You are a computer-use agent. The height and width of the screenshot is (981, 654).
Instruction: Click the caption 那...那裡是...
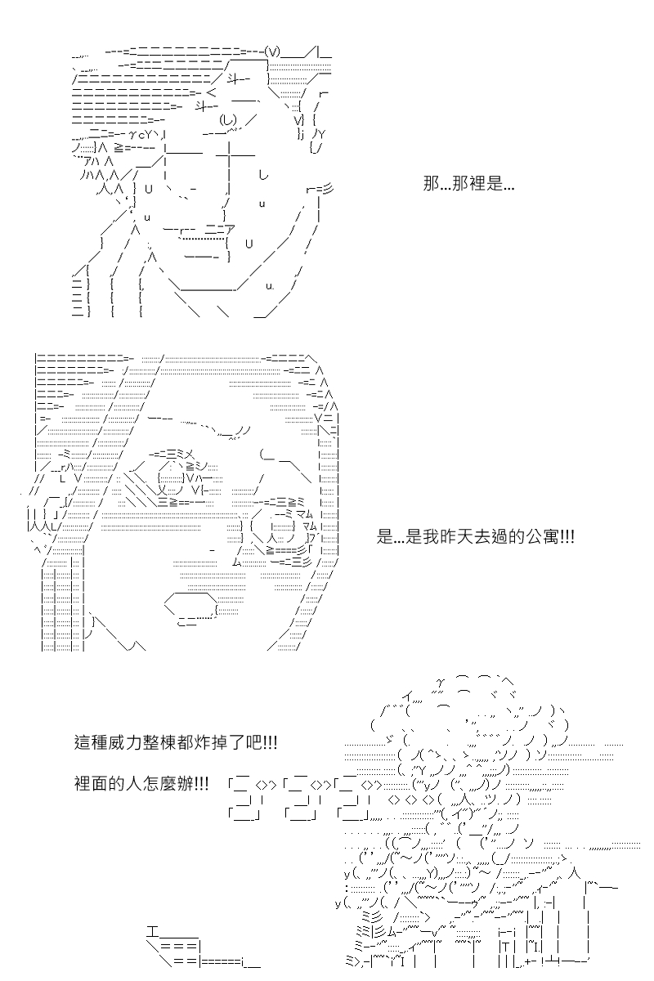coord(468,183)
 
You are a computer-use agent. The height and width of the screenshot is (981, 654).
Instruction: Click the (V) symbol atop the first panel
coord(272,52)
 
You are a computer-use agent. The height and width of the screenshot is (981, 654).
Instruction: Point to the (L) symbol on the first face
coord(228,119)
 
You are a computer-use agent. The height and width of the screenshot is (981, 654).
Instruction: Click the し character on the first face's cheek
coord(263,175)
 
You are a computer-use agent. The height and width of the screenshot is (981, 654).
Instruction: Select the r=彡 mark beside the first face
coord(320,189)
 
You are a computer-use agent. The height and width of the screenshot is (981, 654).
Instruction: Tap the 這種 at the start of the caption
coord(90,742)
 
